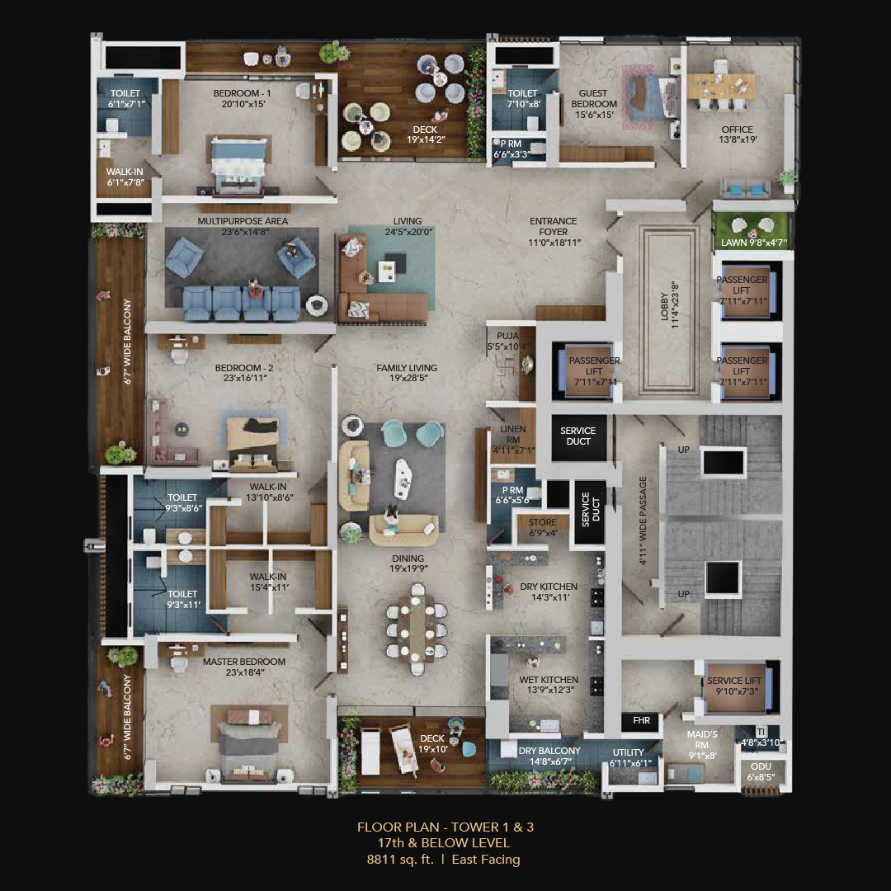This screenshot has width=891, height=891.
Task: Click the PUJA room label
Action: click(507, 341)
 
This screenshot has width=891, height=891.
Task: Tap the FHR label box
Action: click(642, 720)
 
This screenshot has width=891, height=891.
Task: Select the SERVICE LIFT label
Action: click(733, 686)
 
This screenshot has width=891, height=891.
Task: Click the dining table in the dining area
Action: click(417, 628)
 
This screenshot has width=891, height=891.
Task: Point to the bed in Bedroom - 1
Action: click(238, 167)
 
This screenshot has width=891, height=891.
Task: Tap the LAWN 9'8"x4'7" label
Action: click(753, 243)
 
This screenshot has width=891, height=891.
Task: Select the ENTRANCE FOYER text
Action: click(553, 226)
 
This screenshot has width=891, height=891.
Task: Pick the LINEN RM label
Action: click(512, 434)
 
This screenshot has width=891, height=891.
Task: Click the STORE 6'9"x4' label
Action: click(543, 527)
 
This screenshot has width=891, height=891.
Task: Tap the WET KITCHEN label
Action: click(549, 685)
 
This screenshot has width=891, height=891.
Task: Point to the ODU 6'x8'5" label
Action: click(761, 771)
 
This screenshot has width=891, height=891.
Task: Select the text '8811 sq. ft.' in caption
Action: click(399, 859)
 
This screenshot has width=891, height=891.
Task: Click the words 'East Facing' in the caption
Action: click(486, 859)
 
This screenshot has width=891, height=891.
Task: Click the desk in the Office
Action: click(720, 85)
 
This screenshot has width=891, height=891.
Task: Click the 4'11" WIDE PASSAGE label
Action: click(643, 521)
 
